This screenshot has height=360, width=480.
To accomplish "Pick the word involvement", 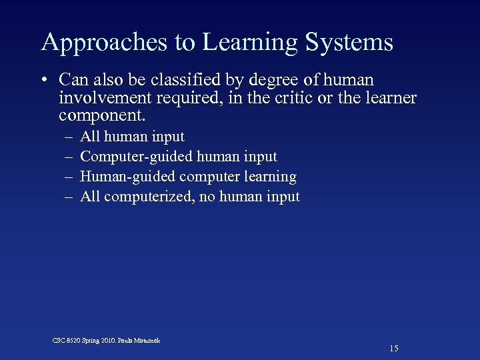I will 109,99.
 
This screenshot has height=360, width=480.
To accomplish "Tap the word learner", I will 391,99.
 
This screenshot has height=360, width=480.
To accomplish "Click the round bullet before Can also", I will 43,81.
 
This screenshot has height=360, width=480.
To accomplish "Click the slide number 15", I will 393,349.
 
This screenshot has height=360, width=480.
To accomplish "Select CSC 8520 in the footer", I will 66,341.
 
